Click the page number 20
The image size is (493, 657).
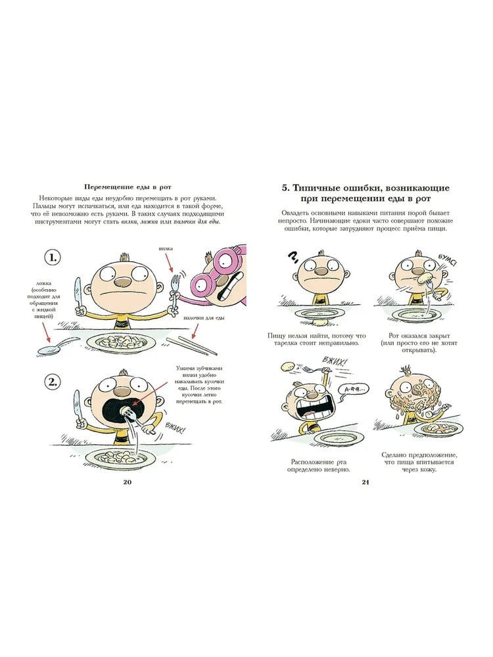coord(128,482)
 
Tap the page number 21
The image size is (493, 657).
coord(365,482)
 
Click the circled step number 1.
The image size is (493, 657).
coord(53,258)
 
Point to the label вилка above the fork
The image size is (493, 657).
coord(166,249)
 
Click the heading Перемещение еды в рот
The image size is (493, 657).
coord(128,187)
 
